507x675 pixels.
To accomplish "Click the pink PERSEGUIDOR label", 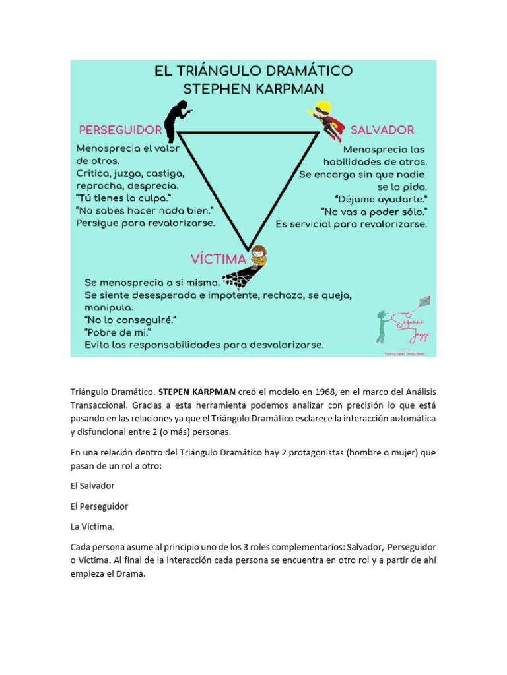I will click(x=120, y=129).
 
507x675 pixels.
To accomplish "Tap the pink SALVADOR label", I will click(x=382, y=129).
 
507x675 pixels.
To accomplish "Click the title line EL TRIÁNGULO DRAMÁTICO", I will click(x=253, y=71).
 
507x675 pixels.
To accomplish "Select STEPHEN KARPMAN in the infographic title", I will click(x=253, y=88).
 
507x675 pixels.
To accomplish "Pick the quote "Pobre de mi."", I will click(x=118, y=332).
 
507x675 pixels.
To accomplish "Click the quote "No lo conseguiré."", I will click(x=130, y=320).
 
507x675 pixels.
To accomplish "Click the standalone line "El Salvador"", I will click(x=92, y=486).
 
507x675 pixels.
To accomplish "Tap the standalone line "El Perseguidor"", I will click(x=99, y=506).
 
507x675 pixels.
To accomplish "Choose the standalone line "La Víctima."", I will click(x=92, y=527).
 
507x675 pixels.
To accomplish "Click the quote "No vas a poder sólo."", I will click(x=374, y=211).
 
